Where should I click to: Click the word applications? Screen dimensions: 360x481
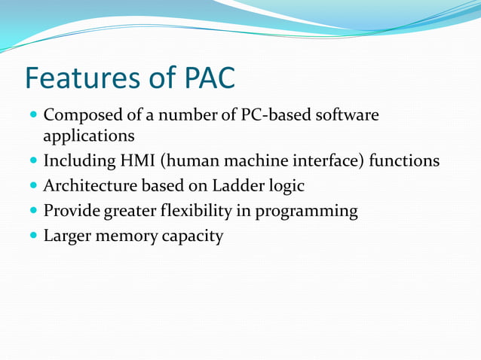pos(89,136)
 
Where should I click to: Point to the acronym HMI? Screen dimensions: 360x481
pos(133,160)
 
